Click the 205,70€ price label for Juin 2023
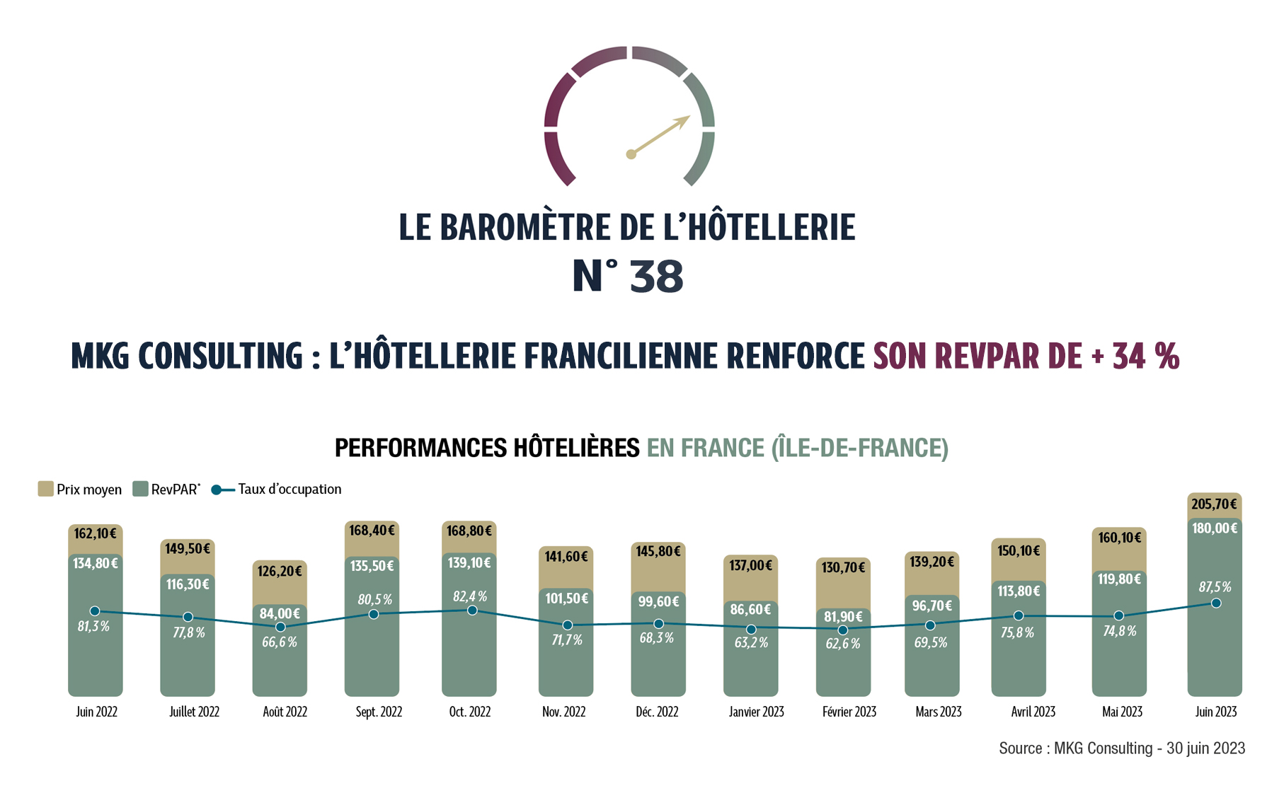tap(1214, 504)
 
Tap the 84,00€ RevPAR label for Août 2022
tap(279, 613)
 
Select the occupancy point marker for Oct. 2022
tap(472, 610)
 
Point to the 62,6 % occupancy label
tap(842, 644)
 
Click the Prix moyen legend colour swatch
tap(45, 489)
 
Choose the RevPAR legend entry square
tap(140, 489)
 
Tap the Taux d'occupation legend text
tap(290, 489)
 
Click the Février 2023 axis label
tap(849, 712)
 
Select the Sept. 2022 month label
tap(379, 712)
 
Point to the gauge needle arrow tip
tap(687, 117)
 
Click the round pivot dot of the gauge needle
tap(631, 154)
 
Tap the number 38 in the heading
tap(656, 277)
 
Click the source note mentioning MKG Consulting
tap(1121, 748)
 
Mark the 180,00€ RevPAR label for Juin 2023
tap(1214, 528)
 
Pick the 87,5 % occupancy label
tap(1214, 587)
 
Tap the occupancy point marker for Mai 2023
tap(1118, 615)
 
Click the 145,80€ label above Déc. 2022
tap(658, 550)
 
